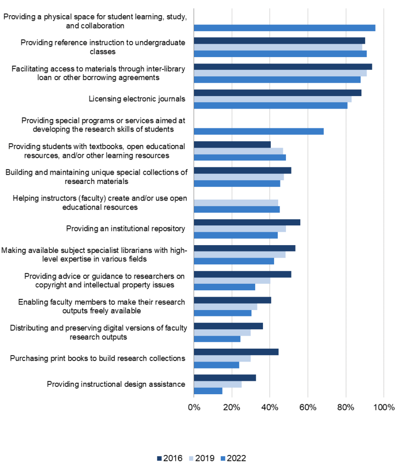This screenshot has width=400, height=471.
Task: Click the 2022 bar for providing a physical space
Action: point(285,28)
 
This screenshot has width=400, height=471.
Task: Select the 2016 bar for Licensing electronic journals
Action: point(278,92)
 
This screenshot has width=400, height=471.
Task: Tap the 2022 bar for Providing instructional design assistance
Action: point(208,391)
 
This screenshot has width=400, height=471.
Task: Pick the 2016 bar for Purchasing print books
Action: point(236,352)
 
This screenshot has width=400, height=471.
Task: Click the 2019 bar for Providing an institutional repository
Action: point(240,229)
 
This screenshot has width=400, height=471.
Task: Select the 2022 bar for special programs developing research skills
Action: point(259,131)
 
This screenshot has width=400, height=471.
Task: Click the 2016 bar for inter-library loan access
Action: point(283,67)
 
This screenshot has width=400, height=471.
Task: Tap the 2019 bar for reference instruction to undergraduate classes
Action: point(278,47)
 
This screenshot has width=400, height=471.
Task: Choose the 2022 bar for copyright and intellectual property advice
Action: point(224,287)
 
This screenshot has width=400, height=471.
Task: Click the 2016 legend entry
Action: point(170,458)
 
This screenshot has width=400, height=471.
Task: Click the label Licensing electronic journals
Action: point(137,99)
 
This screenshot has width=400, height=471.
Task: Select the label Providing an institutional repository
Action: point(126,229)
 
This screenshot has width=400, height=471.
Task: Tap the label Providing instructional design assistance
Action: point(116,384)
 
